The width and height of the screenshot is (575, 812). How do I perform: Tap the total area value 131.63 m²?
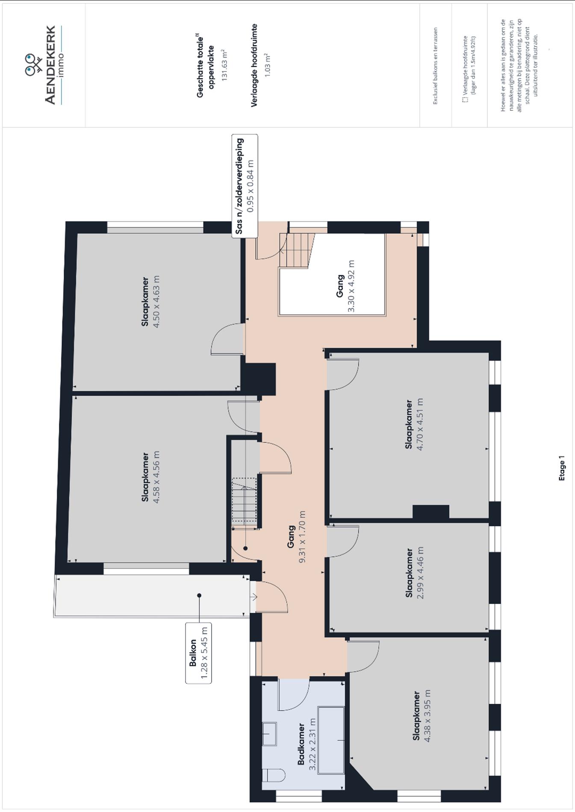224,65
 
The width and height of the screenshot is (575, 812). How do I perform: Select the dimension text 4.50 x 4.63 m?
156,301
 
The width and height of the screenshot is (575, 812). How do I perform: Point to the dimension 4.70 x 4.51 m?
420,424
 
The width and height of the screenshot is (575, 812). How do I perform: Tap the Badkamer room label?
301,744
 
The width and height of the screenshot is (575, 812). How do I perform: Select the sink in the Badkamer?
269,734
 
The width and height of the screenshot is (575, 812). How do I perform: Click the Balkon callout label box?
198,653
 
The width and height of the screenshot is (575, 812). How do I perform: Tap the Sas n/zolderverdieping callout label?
245,186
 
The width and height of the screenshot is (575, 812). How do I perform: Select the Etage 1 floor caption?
562,468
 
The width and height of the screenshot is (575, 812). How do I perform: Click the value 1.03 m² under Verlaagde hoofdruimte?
268,65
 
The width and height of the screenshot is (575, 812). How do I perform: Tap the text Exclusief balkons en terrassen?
435,66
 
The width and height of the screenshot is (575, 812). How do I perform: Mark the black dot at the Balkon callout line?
199,595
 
